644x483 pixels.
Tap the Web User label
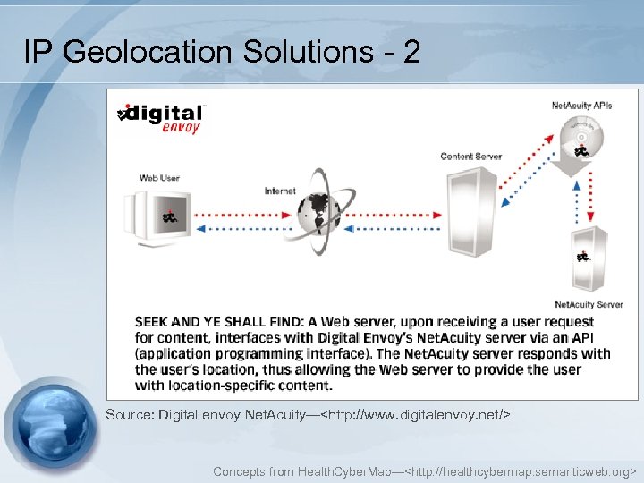[x=159, y=177]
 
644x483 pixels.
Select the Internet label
[x=280, y=191]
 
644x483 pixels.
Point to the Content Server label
[x=470, y=157]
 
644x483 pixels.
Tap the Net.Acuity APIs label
[x=581, y=106]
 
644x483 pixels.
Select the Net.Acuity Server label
[x=589, y=305]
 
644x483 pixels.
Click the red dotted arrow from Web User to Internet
[x=241, y=215]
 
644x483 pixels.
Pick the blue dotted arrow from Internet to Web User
[x=241, y=229]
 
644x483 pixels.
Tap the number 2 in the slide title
[x=411, y=52]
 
